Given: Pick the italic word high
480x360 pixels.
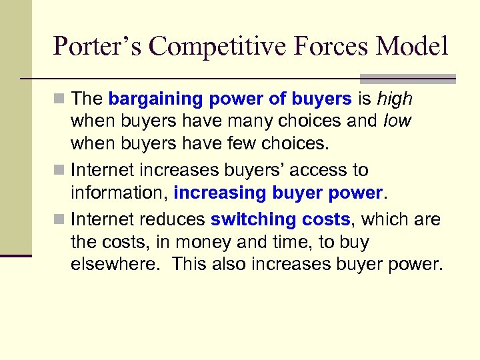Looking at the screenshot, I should (x=395, y=100).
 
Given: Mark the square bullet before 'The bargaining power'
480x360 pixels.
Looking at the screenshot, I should (x=61, y=100).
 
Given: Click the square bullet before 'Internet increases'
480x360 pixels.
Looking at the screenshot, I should (x=61, y=171).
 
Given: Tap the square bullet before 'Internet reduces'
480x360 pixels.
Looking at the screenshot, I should (x=61, y=219).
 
